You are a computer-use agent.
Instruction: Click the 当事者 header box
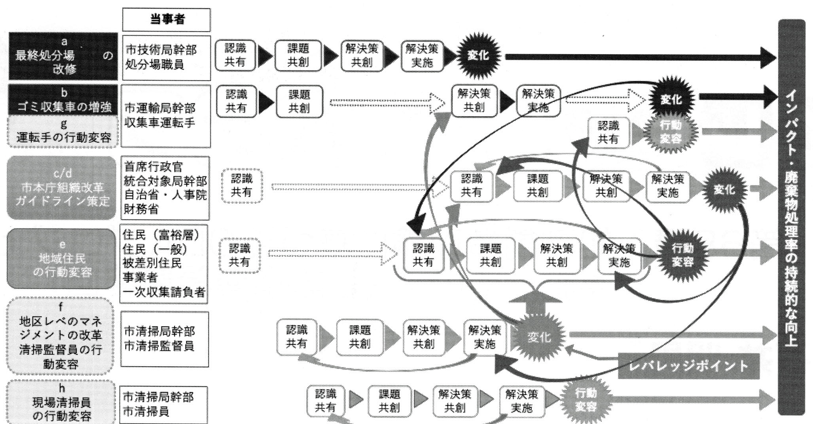[167, 19]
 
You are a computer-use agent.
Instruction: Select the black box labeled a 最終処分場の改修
[63, 56]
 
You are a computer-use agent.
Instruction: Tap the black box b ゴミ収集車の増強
[63, 99]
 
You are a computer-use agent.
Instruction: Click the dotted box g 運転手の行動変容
[63, 132]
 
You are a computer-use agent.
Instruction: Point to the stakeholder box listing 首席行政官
[165, 188]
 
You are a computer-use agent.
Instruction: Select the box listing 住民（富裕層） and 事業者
[164, 263]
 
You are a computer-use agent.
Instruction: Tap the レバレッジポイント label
[688, 366]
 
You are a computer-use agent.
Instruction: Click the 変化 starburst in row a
[478, 56]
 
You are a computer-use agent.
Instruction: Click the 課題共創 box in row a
[298, 56]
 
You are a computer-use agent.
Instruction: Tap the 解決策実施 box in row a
[422, 56]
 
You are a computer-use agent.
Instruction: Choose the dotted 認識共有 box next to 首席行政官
[242, 186]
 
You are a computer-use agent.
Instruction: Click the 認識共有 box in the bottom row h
[326, 400]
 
